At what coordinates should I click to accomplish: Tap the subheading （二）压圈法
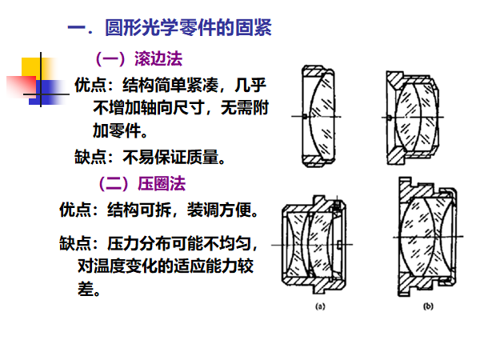point(141,183)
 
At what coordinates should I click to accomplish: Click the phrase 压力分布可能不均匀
point(183,241)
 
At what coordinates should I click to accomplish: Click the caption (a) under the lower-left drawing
point(319,306)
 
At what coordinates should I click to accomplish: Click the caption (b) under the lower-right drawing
point(428,306)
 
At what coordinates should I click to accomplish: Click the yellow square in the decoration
point(35,70)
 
